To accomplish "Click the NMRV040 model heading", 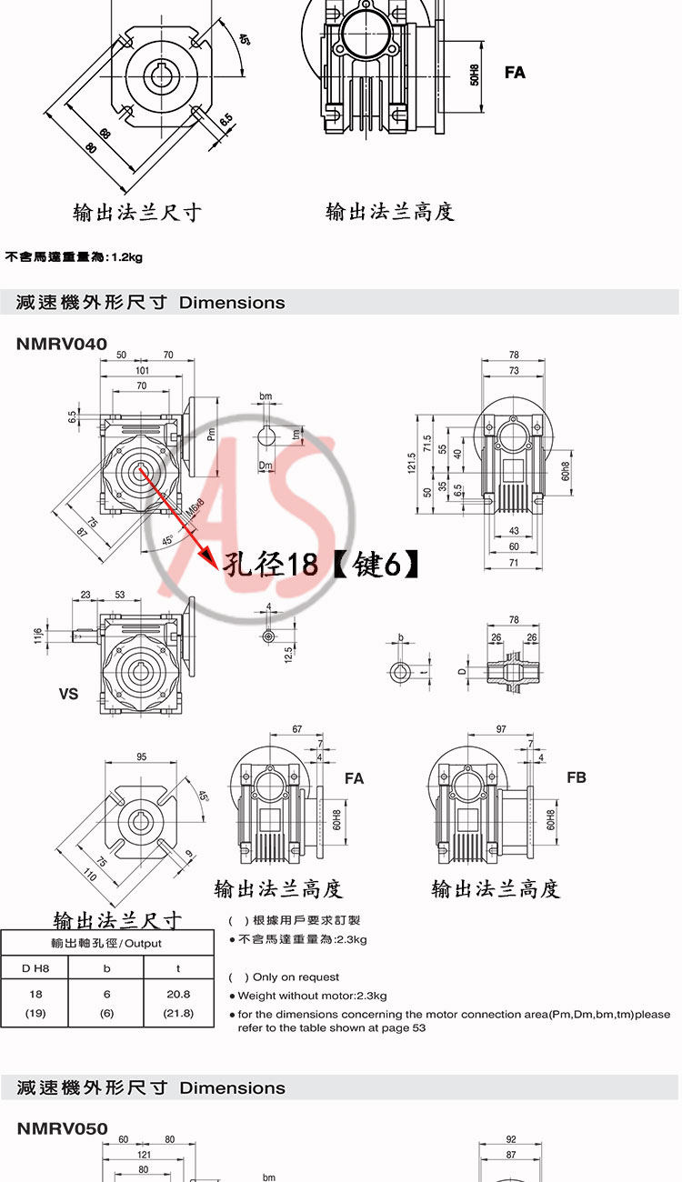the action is [x=62, y=344].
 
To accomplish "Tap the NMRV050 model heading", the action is [x=62, y=1128].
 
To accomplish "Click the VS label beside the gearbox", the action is [x=68, y=694].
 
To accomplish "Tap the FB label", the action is [x=577, y=777].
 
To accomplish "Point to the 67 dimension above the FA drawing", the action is [x=296, y=729].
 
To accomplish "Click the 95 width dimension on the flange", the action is [x=142, y=756].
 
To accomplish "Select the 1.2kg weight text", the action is [x=126, y=257].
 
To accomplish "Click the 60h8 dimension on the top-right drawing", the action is [x=565, y=471].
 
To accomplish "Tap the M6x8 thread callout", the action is [x=195, y=511].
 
